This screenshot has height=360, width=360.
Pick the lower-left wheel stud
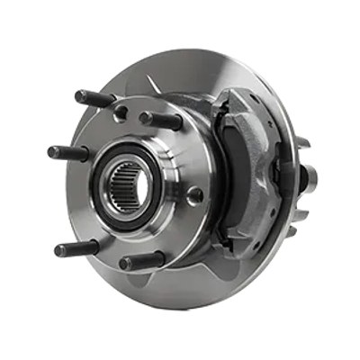(x=70, y=248)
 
